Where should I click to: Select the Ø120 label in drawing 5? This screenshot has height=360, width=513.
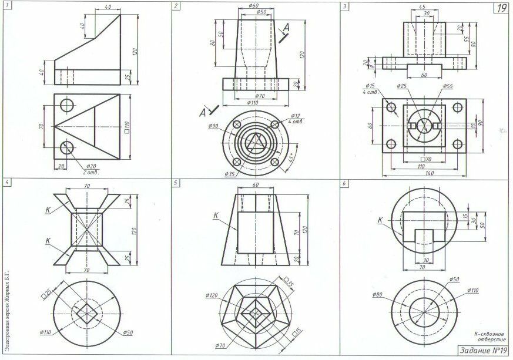(x=213, y=295)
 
